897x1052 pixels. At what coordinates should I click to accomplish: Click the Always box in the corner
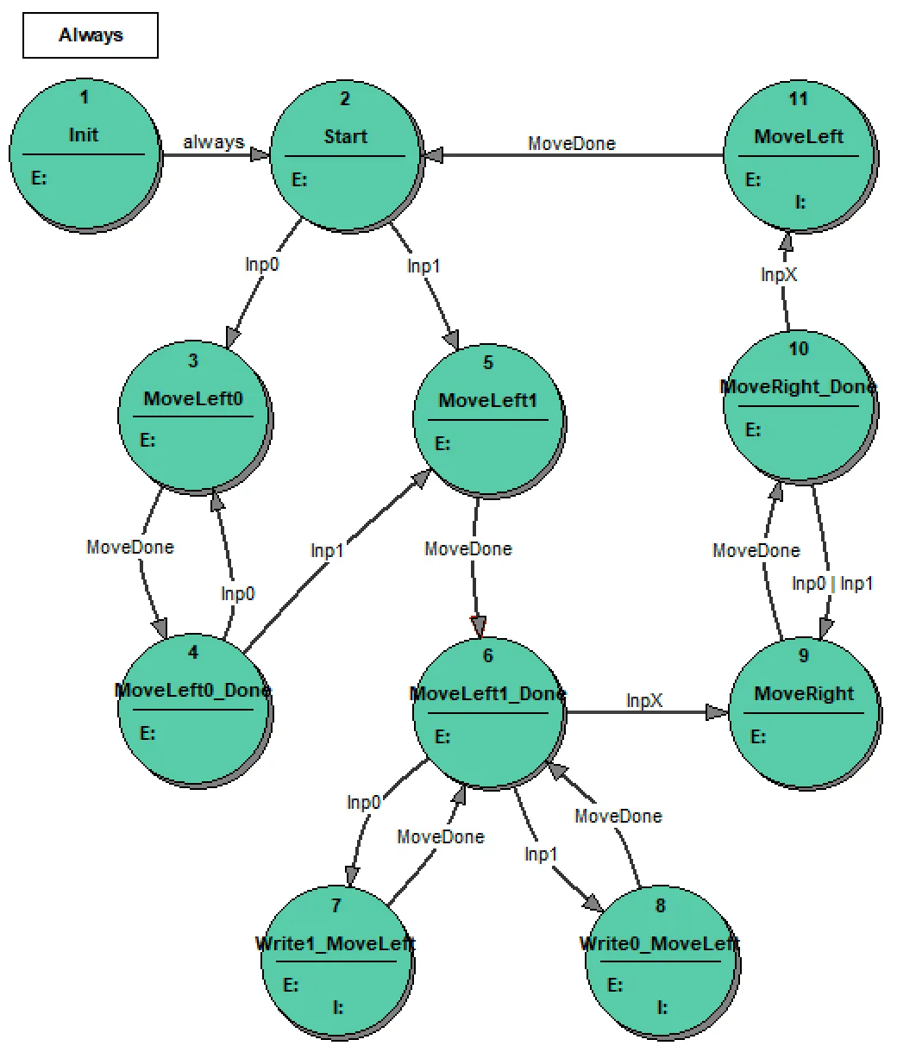(91, 35)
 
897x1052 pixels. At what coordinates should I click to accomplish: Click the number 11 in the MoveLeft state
(799, 98)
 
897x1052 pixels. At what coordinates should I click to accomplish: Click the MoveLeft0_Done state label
(193, 691)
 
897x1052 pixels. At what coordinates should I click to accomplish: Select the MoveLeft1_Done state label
(488, 694)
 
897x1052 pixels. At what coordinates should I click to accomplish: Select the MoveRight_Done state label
(799, 387)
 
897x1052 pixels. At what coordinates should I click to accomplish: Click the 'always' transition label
(213, 142)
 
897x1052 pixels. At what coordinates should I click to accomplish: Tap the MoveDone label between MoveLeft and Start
(572, 143)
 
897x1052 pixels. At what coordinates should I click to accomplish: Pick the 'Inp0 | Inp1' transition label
(832, 584)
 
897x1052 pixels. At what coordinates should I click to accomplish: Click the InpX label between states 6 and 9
(644, 700)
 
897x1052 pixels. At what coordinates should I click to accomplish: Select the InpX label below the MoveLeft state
(779, 274)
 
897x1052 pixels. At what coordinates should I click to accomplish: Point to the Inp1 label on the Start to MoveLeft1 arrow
(423, 266)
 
